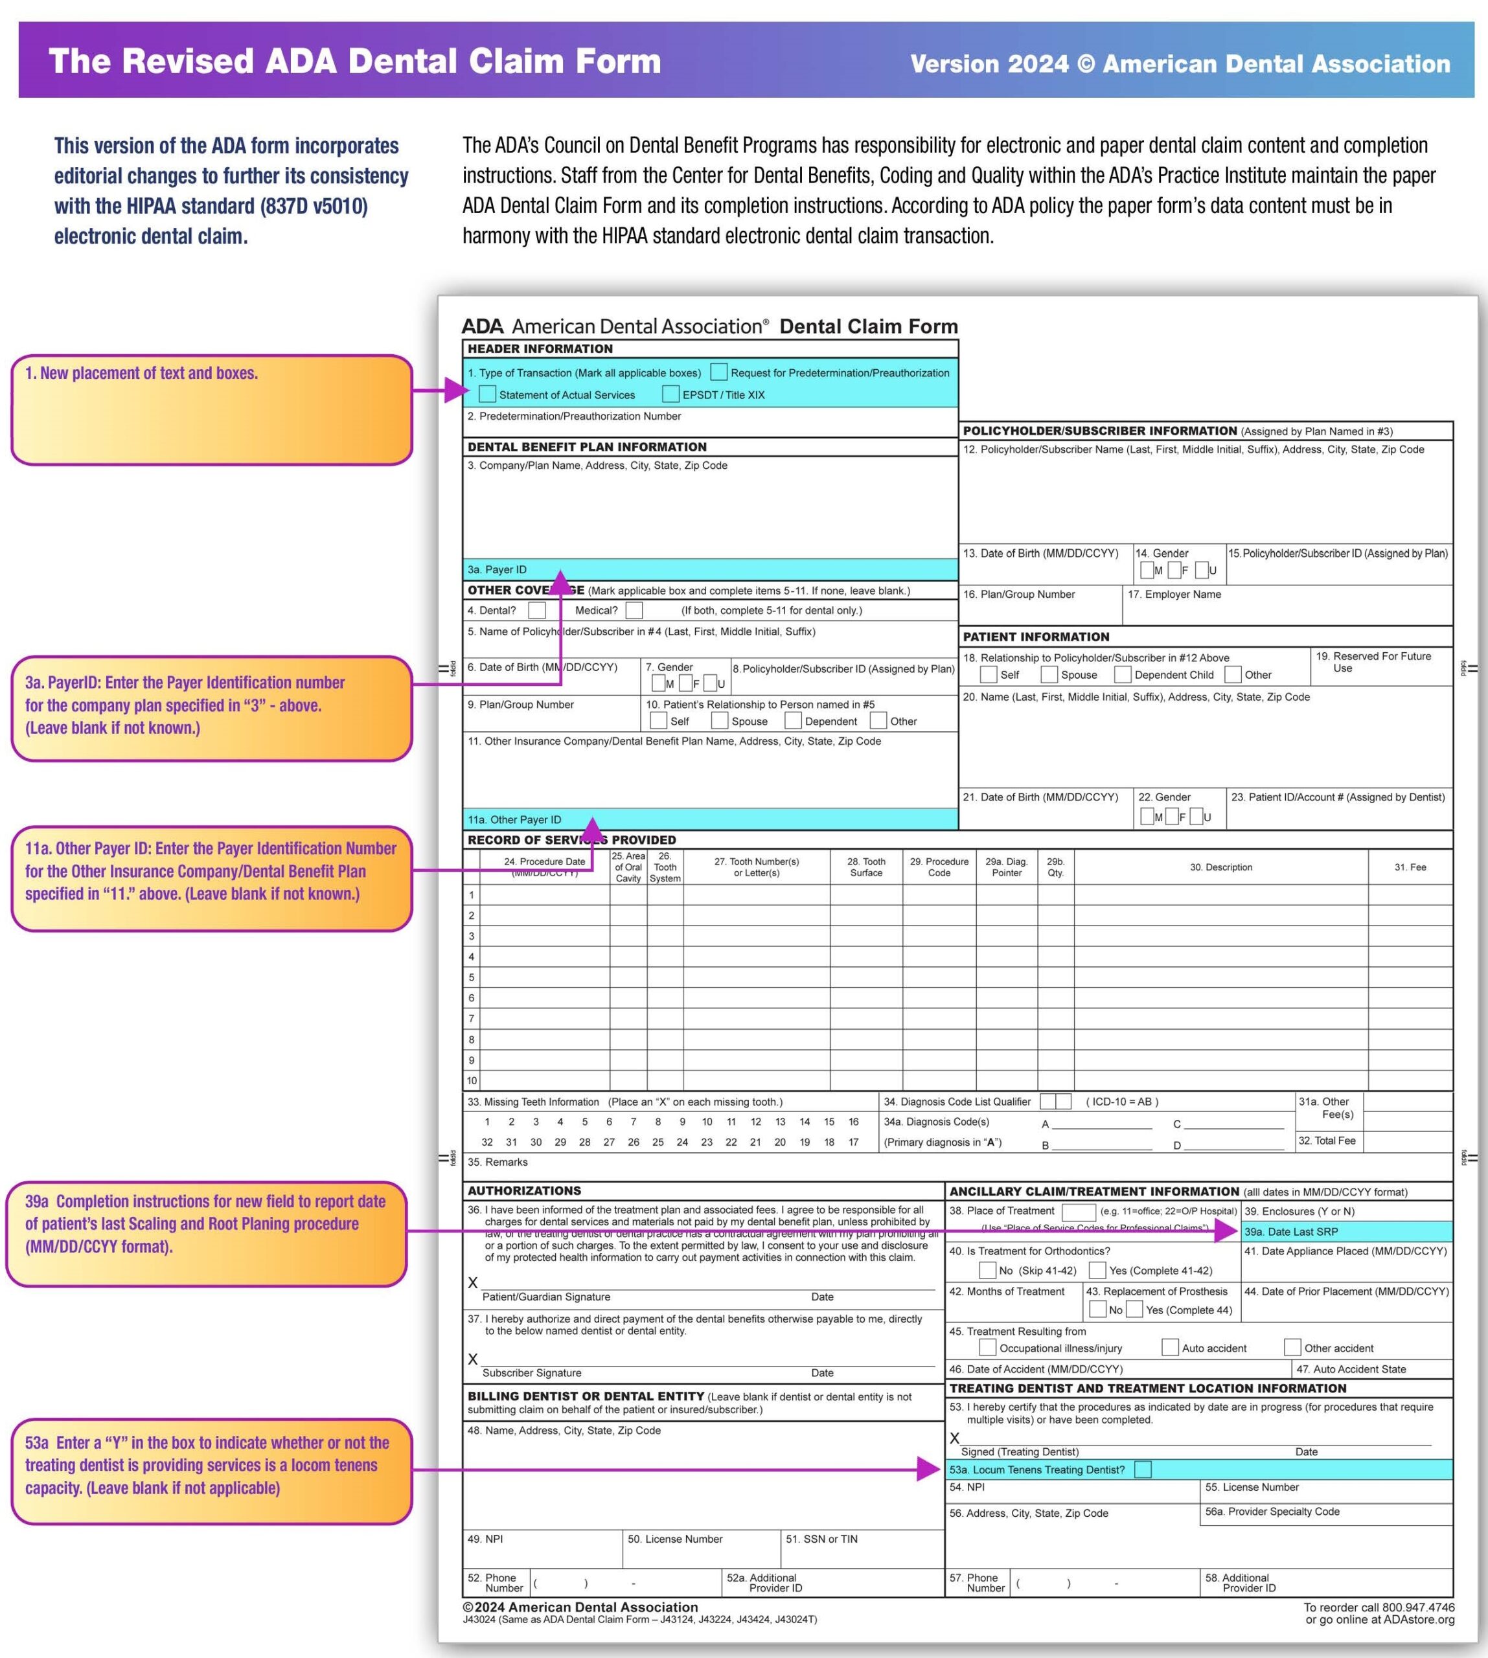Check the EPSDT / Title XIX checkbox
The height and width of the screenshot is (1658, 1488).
point(670,394)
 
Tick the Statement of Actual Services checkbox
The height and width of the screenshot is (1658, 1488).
point(487,394)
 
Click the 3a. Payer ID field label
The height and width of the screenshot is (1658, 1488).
point(497,569)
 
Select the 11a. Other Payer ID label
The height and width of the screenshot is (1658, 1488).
point(514,819)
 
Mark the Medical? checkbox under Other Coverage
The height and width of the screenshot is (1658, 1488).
point(634,610)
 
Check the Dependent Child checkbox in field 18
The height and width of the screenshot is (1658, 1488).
point(1123,674)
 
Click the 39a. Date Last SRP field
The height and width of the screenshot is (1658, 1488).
point(1345,1231)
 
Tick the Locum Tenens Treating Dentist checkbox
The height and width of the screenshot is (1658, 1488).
point(1143,1469)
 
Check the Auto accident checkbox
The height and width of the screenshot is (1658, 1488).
point(1170,1347)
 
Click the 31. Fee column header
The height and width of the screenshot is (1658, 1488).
point(1410,867)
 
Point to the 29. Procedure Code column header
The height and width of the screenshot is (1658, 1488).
point(939,867)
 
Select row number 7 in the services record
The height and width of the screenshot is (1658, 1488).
point(472,1019)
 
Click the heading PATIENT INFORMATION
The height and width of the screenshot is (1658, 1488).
point(1036,637)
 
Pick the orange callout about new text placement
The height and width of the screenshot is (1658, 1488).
point(211,409)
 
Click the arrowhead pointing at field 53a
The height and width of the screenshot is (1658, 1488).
point(929,1469)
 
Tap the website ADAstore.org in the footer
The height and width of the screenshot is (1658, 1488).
point(1419,1620)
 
